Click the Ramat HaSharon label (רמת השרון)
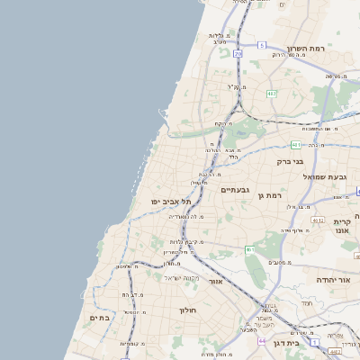304,48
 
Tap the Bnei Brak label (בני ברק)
290,162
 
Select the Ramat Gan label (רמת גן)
270,195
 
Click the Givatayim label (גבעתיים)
236,190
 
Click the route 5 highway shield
261,44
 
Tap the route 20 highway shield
238,54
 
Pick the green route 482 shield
271,94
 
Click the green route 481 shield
297,144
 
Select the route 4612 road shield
317,219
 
